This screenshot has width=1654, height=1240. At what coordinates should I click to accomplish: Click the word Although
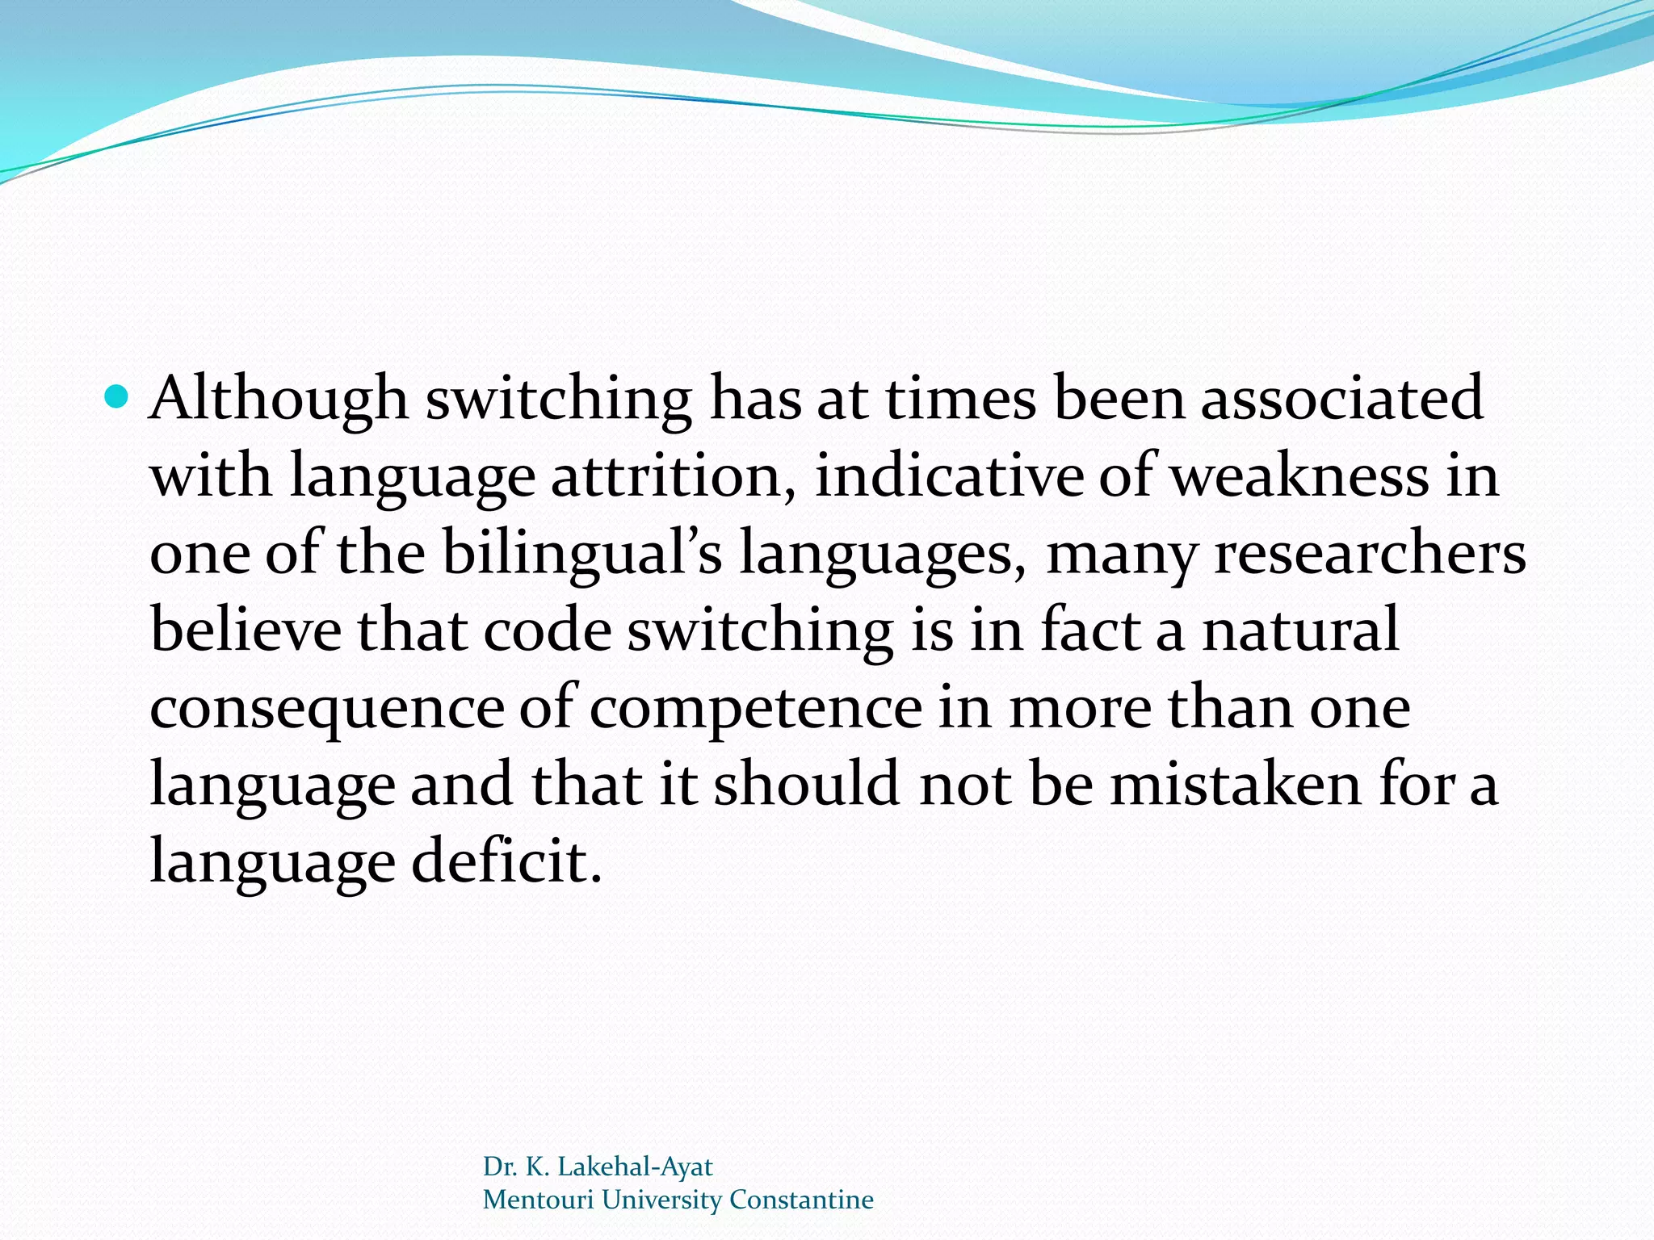coord(279,399)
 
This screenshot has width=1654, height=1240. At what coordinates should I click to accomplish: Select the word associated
coord(1341,399)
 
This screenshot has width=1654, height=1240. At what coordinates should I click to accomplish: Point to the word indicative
coord(948,476)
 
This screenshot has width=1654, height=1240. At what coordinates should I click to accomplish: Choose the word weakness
coord(1299,476)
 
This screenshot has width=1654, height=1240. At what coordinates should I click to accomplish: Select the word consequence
coord(327,708)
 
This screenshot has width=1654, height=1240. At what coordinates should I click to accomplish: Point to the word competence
coord(755,708)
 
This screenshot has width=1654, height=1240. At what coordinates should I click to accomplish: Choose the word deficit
coord(506,861)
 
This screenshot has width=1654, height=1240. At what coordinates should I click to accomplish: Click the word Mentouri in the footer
coord(538,1200)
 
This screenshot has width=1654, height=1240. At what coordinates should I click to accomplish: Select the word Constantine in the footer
coord(801,1200)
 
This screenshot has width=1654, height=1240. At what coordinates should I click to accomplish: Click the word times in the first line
coord(960,399)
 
